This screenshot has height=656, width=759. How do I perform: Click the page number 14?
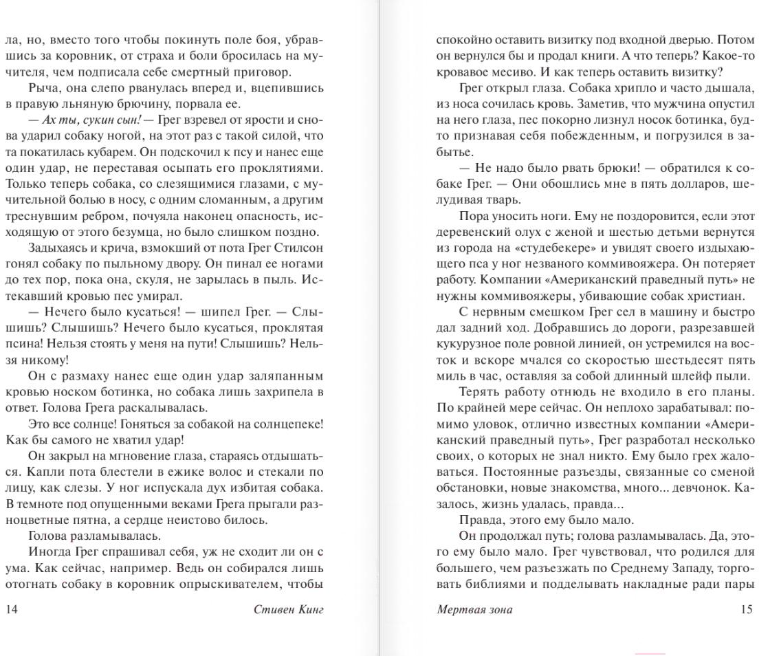point(11,609)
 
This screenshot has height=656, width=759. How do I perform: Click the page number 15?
point(747,609)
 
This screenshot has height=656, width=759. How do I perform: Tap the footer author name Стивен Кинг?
point(288,609)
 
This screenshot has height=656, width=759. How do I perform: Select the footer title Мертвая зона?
point(474,609)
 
